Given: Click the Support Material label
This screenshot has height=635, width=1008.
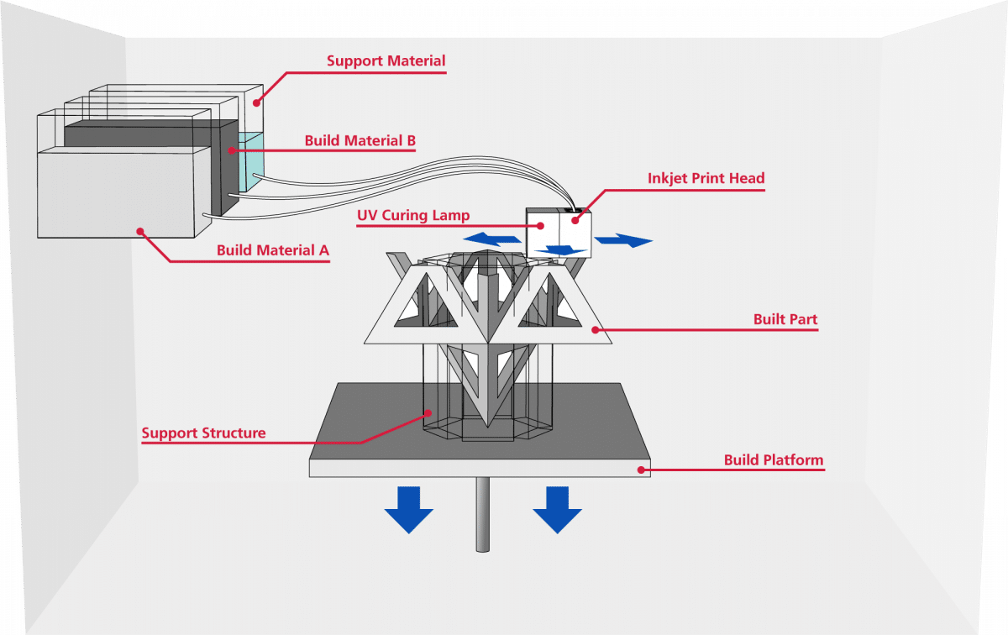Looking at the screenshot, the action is tap(386, 60).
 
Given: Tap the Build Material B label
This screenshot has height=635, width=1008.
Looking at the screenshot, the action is tap(360, 140).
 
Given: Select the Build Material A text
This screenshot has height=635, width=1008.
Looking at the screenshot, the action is tap(273, 250).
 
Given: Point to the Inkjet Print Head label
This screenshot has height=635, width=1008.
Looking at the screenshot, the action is tap(706, 178).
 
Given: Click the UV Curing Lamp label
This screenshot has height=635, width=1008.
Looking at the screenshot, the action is tap(413, 215).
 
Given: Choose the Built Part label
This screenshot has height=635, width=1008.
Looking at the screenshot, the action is tap(785, 319).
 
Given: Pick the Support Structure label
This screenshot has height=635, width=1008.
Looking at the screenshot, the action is tap(203, 433).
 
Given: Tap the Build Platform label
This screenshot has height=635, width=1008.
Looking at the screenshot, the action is tap(774, 460).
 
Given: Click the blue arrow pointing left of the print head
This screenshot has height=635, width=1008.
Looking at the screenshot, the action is tap(492, 239).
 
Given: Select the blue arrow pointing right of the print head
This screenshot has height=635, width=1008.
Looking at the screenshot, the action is tap(623, 240).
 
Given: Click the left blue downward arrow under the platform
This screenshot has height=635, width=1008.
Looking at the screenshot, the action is tap(408, 510).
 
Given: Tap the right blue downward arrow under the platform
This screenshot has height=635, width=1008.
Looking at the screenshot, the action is tap(557, 510).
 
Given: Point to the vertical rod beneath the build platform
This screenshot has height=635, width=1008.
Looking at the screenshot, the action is tap(482, 514).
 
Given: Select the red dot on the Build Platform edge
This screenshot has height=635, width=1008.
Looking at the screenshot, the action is tap(641, 470).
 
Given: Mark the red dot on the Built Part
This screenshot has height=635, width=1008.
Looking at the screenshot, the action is tap(595, 330).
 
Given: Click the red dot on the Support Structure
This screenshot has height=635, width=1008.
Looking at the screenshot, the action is tap(429, 412).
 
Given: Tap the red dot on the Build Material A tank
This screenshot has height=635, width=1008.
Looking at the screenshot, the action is tap(140, 231).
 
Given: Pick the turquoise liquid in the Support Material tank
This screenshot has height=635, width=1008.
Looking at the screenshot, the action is tap(251, 161).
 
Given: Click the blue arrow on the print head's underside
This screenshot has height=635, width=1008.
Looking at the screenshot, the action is tap(561, 250).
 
